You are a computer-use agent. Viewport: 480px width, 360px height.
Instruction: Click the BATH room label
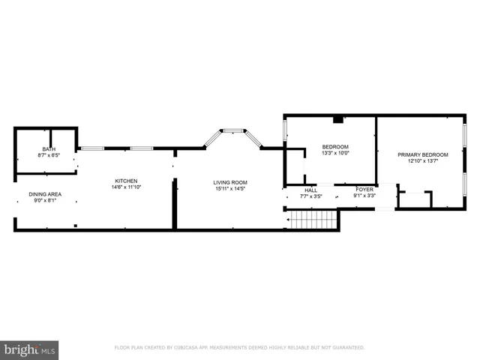pos(49,149)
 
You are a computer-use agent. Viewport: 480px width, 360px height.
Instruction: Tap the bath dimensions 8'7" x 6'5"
pos(49,155)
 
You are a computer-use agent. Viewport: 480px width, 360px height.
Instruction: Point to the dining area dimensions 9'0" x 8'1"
pos(46,200)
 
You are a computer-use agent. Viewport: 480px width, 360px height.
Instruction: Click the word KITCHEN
pos(125,181)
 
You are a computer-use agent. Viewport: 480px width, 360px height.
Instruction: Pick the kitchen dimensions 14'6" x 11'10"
pos(125,187)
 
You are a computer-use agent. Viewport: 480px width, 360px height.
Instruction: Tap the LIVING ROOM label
pos(230,182)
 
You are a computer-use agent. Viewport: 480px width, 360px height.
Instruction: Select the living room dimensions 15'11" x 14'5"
pos(230,188)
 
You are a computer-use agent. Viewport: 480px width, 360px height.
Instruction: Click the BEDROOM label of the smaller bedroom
pos(335,146)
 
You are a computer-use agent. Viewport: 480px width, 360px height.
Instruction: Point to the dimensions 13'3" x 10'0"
pos(335,153)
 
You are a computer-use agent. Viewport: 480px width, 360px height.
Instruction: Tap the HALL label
pos(310,190)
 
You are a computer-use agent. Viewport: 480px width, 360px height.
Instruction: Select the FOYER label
pos(364,190)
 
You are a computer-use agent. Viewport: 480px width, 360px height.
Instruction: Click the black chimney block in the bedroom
pos(339,118)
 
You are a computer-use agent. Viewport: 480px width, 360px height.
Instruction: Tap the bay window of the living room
pos(234,132)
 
